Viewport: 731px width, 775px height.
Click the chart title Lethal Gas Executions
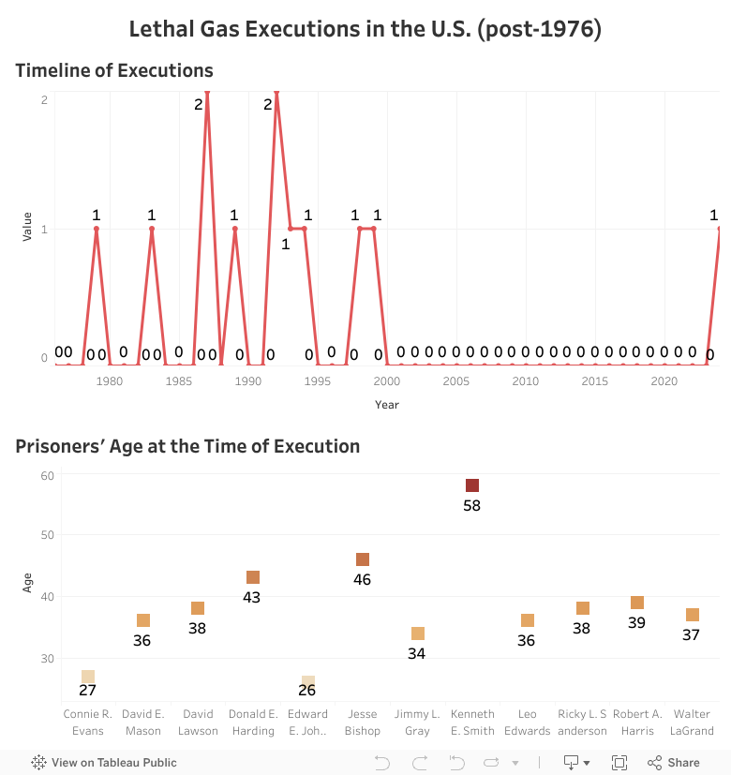pyautogui.click(x=365, y=29)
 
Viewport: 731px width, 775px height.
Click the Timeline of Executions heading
pyautogui.click(x=114, y=70)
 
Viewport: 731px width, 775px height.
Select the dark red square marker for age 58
pyautogui.click(x=472, y=485)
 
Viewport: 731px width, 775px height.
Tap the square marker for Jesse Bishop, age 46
pyautogui.click(x=362, y=559)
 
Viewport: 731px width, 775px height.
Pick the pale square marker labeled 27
pyautogui.click(x=87, y=677)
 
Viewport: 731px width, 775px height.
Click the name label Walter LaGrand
pyautogui.click(x=692, y=722)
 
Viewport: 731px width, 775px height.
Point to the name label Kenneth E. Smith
pyautogui.click(x=472, y=722)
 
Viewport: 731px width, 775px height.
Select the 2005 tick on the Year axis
pyautogui.click(x=456, y=381)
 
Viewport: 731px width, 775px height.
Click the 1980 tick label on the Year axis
pyautogui.click(x=110, y=381)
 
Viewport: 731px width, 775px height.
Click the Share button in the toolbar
pyautogui.click(x=674, y=762)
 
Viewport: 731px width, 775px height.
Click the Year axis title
pyautogui.click(x=387, y=405)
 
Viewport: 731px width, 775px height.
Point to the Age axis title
pyautogui.click(x=27, y=584)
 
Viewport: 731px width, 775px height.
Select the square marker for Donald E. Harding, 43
pyautogui.click(x=252, y=577)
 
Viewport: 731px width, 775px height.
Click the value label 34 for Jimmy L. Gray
pyautogui.click(x=416, y=653)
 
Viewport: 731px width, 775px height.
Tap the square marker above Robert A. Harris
pyautogui.click(x=637, y=603)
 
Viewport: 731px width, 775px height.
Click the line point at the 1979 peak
pyautogui.click(x=97, y=229)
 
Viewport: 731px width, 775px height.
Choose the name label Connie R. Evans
pyautogui.click(x=87, y=722)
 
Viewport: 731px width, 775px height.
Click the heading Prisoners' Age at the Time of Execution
pyautogui.click(x=187, y=446)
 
